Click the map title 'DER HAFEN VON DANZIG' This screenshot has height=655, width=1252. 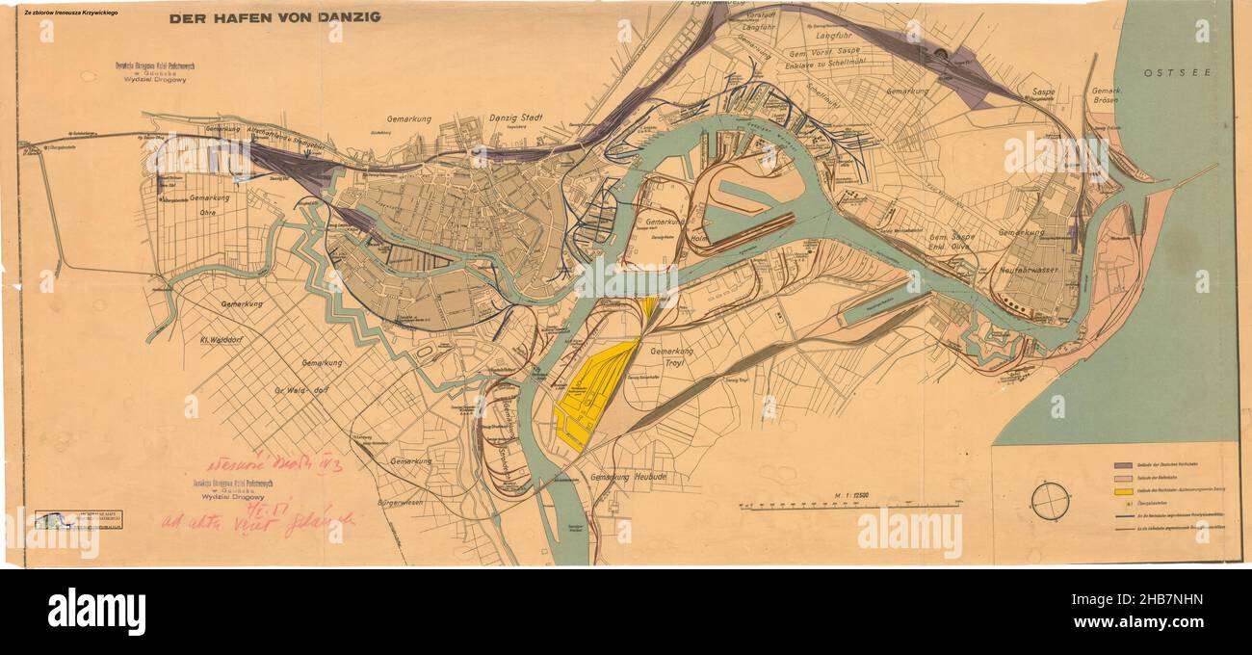[274, 17]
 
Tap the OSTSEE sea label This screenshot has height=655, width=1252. [1177, 72]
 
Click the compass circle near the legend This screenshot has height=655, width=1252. [1048, 500]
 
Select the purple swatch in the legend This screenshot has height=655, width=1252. [1123, 464]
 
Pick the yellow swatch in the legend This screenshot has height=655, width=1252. [1123, 491]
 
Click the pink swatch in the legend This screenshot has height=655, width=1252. [1123, 478]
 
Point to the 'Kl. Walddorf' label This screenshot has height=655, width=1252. [228, 339]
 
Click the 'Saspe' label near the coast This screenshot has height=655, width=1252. [1044, 92]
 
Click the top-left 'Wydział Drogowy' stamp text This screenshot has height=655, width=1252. [149, 81]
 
